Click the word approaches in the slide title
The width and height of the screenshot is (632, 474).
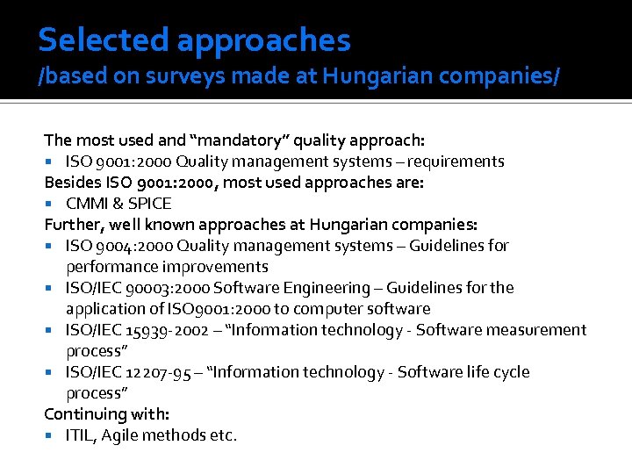tap(263, 41)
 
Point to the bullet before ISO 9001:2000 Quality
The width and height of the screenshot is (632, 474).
tap(54, 162)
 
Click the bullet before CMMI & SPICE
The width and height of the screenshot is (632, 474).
tap(54, 204)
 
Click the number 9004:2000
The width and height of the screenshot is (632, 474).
tap(133, 246)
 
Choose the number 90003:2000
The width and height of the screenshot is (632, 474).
tap(155, 288)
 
